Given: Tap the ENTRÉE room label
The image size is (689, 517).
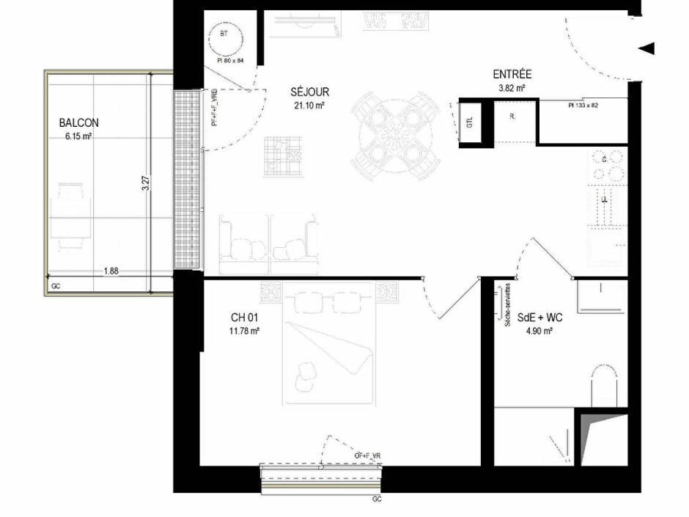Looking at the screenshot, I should pyautogui.click(x=512, y=75).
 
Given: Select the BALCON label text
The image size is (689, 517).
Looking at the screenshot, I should pyautogui.click(x=78, y=123).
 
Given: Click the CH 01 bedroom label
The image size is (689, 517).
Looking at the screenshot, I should pyautogui.click(x=244, y=318).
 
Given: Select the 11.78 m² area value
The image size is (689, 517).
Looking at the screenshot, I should pyautogui.click(x=245, y=331).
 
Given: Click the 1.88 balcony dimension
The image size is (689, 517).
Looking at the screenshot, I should pyautogui.click(x=111, y=271).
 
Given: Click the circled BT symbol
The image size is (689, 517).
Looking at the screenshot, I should pyautogui.click(x=224, y=34).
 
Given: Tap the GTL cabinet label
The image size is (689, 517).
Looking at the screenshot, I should pyautogui.click(x=469, y=122).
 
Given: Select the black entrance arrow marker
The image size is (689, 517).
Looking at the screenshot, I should pyautogui.click(x=646, y=48).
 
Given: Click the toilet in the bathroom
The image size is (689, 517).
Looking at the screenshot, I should pyautogui.click(x=608, y=385).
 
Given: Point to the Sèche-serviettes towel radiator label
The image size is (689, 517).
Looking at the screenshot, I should pyautogui.click(x=506, y=307).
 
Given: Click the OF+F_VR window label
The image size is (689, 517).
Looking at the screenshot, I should pyautogui.click(x=367, y=456).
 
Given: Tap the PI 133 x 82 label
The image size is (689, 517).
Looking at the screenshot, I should pyautogui.click(x=583, y=106).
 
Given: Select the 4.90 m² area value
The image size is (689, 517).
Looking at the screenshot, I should pyautogui.click(x=539, y=331).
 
